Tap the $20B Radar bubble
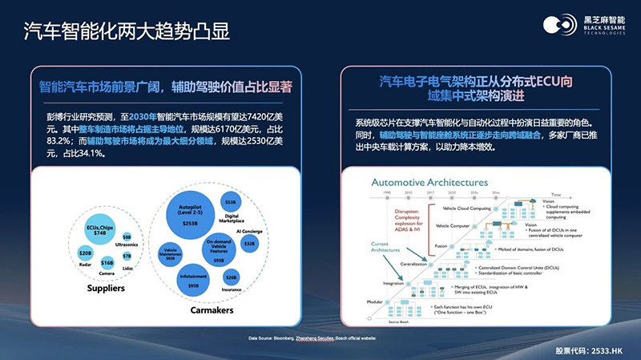(x=85, y=253)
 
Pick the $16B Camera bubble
(x=107, y=262)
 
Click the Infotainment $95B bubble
(x=192, y=278)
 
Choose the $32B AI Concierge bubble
(x=248, y=243)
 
